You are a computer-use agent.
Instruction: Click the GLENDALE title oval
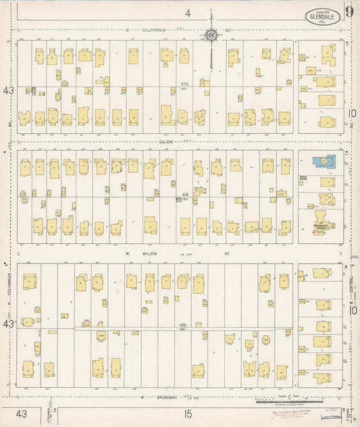point(320,15)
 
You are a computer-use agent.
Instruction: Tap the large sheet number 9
point(346,11)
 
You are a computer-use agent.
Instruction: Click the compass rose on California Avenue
point(211,34)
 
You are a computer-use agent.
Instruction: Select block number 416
point(184,195)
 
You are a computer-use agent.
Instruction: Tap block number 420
point(183,326)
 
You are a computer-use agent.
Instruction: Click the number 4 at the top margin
point(189,13)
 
